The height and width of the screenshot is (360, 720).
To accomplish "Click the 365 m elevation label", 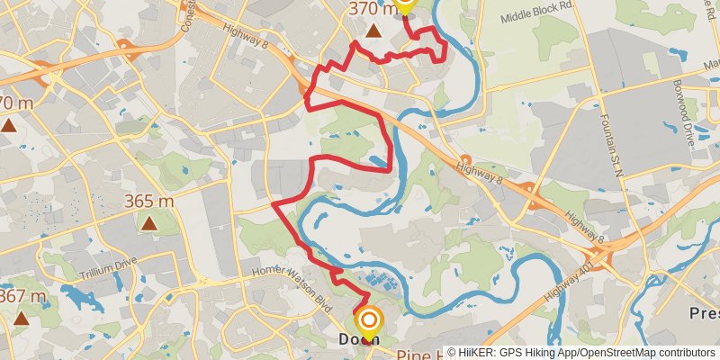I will [149, 202].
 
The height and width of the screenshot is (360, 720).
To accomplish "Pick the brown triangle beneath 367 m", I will [21, 318].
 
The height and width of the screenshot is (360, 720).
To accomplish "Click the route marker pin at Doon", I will [369, 320].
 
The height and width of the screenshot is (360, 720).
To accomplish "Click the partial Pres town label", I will [705, 314].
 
